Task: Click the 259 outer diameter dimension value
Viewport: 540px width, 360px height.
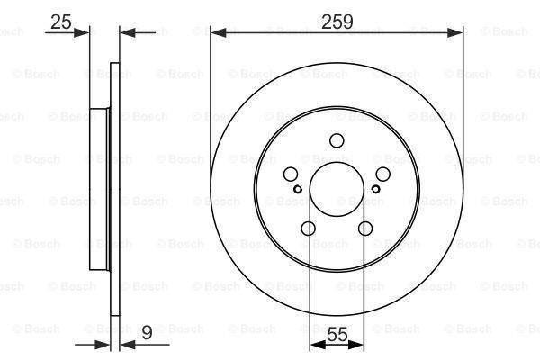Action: tap(337, 20)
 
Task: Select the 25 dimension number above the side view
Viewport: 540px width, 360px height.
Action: tap(61, 21)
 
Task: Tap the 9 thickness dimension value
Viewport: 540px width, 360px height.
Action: tap(147, 333)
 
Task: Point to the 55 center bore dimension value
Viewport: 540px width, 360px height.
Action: tap(337, 334)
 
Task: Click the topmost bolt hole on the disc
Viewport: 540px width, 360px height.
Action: tap(337, 140)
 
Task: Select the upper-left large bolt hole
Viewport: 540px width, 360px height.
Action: tap(291, 175)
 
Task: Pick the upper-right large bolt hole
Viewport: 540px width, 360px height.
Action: tap(383, 175)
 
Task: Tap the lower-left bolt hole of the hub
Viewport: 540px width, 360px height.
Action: tap(309, 229)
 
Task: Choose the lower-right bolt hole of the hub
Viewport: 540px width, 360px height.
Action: tap(365, 229)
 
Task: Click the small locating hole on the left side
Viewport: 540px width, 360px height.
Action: tap(298, 189)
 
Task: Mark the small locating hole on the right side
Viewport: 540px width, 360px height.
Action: tap(376, 189)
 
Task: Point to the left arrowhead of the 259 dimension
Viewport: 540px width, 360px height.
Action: tap(216, 32)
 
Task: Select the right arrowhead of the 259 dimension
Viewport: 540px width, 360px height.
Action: tap(458, 32)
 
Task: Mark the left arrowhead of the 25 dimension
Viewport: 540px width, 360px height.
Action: tap(86, 33)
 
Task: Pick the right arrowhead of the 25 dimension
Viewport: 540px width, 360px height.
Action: tap(123, 33)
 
